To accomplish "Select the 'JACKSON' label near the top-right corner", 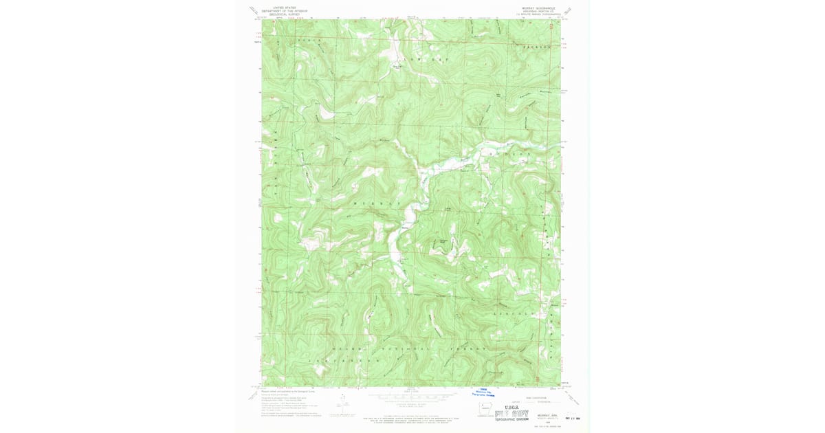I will click(538, 47).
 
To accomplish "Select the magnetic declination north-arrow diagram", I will click(342, 402).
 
